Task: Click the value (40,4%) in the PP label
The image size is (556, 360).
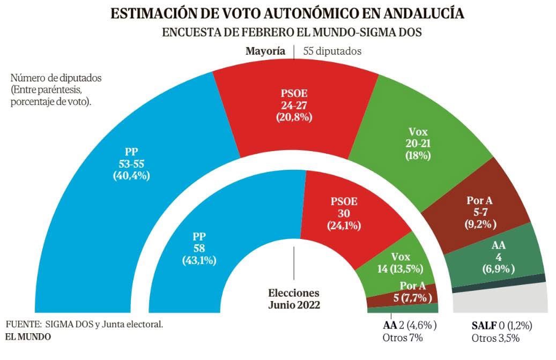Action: pos(131,175)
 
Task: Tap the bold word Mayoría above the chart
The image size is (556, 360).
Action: pos(265,51)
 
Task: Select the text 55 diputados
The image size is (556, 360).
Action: pos(332,51)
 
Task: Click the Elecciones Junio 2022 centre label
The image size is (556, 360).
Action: pos(294,299)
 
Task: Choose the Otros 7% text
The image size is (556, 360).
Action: pos(403,338)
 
